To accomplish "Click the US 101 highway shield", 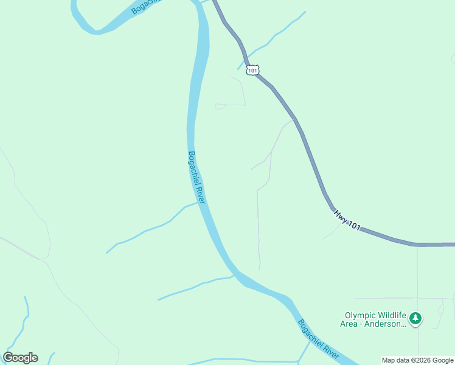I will [x=252, y=70].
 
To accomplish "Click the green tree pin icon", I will [x=415, y=319].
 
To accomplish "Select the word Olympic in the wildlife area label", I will [x=361, y=316].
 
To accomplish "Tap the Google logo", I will [x=20, y=358].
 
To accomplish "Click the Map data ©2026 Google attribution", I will [x=417, y=360].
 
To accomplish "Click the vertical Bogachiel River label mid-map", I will [x=196, y=178].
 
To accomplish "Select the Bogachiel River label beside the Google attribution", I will [x=318, y=338].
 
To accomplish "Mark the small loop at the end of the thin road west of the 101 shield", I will [x=220, y=106].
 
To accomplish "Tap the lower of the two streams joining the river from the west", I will [x=195, y=286].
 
